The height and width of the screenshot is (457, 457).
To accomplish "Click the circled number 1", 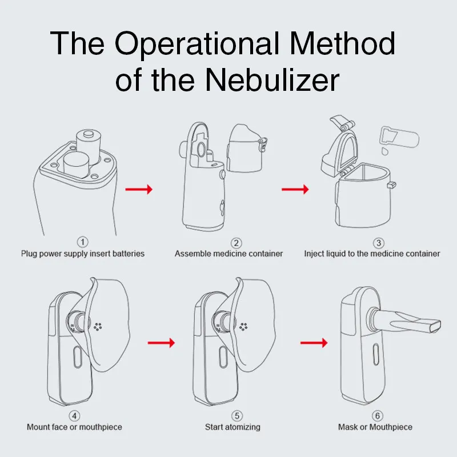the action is pyautogui.click(x=83, y=243).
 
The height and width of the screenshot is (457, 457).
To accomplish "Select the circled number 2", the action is pyautogui.click(x=228, y=243).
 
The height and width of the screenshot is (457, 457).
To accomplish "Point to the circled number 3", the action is pyautogui.click(x=372, y=243).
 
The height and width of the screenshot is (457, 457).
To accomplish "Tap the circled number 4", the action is pyautogui.click(x=74, y=415).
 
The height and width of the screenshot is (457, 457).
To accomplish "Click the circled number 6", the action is pyautogui.click(x=375, y=415).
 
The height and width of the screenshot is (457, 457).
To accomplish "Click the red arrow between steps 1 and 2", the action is pyautogui.click(x=139, y=189).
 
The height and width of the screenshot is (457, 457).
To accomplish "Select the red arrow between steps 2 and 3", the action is pyautogui.click(x=295, y=189).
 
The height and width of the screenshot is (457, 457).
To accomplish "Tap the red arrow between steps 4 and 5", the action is pyautogui.click(x=161, y=343).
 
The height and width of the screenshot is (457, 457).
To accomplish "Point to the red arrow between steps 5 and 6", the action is pyautogui.click(x=314, y=343).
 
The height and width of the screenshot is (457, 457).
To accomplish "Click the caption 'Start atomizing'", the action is pyautogui.click(x=232, y=427).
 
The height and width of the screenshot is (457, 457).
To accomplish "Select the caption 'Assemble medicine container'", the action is pyautogui.click(x=228, y=254).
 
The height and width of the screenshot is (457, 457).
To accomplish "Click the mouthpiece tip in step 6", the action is pyautogui.click(x=435, y=326).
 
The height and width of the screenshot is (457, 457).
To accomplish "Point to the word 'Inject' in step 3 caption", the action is pyautogui.click(x=314, y=254).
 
